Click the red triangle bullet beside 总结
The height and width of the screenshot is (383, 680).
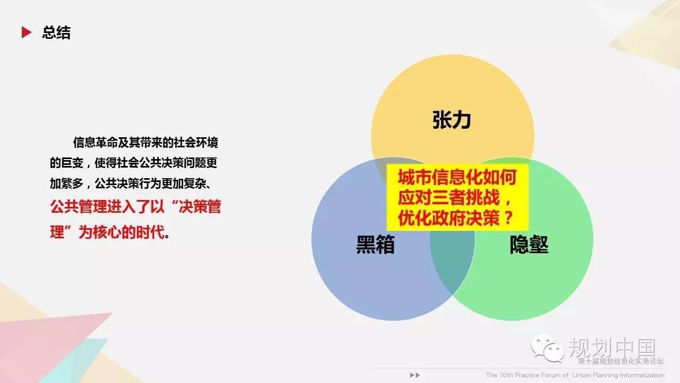click(x=26, y=32)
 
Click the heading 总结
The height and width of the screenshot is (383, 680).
click(x=56, y=33)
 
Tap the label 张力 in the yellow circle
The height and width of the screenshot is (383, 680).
click(x=452, y=120)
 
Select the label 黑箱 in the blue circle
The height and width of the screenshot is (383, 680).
click(x=375, y=244)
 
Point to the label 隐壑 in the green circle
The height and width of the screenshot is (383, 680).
click(x=529, y=244)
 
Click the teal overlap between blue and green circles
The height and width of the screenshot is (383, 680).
click(x=452, y=261)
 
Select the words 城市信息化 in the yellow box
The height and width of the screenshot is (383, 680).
click(x=439, y=178)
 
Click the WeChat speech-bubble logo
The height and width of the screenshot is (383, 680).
click(x=547, y=348)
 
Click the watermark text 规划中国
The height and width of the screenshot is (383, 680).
click(x=612, y=347)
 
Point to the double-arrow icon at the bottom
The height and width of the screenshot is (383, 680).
click(x=415, y=375)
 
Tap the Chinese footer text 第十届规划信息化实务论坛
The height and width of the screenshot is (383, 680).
click(x=621, y=361)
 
